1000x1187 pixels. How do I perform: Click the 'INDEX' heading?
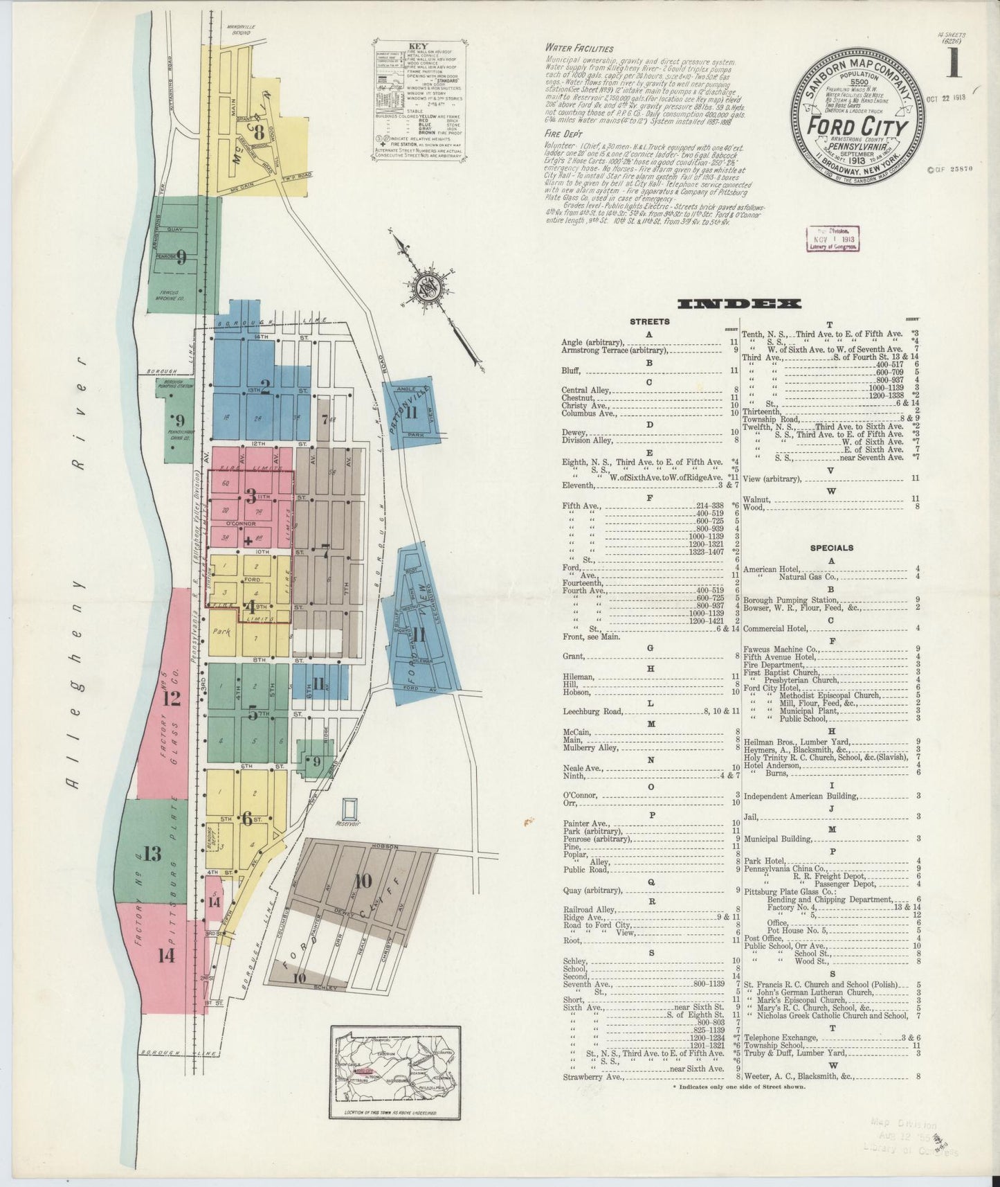740,304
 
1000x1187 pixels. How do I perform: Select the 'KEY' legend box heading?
419,46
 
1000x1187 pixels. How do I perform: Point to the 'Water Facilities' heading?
579,48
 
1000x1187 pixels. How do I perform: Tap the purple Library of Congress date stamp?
833,239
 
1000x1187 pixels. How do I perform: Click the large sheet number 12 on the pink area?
171,699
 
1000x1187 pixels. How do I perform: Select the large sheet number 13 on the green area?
152,853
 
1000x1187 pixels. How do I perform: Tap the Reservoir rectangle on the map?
351,807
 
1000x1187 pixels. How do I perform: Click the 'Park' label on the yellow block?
221,632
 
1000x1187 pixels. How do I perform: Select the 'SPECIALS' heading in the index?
831,548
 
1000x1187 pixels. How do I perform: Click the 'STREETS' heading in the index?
649,321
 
